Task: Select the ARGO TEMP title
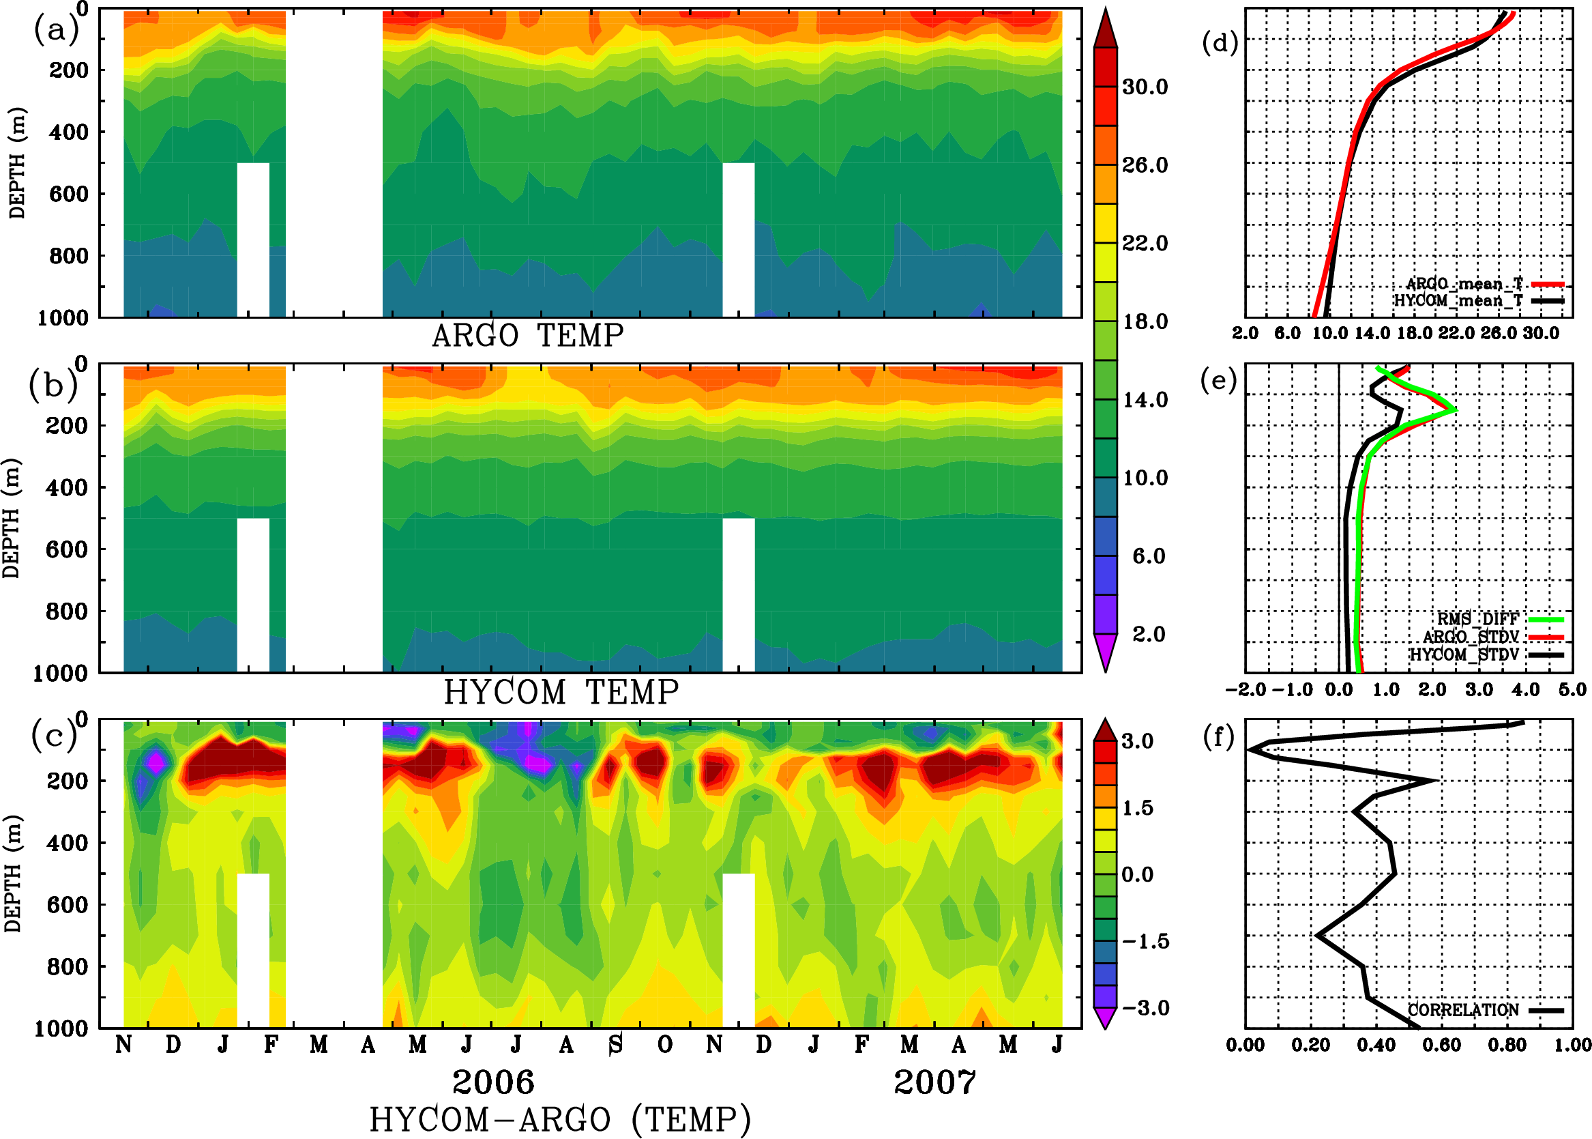tap(527, 336)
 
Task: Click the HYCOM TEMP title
tap(561, 692)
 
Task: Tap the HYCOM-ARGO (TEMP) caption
tap(559, 1119)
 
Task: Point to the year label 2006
tap(493, 1082)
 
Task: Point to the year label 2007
tap(934, 1082)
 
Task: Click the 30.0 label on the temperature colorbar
tap(1145, 87)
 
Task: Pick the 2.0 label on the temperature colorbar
tap(1149, 634)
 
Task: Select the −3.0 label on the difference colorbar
tap(1145, 1008)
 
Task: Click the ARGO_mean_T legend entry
tap(1464, 284)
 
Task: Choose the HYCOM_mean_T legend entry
tap(1458, 301)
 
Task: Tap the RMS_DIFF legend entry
tap(1477, 619)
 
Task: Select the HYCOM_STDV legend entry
tap(1464, 654)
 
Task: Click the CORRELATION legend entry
tap(1463, 1010)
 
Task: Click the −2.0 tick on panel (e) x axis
tap(1245, 690)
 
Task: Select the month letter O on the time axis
tap(664, 1045)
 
